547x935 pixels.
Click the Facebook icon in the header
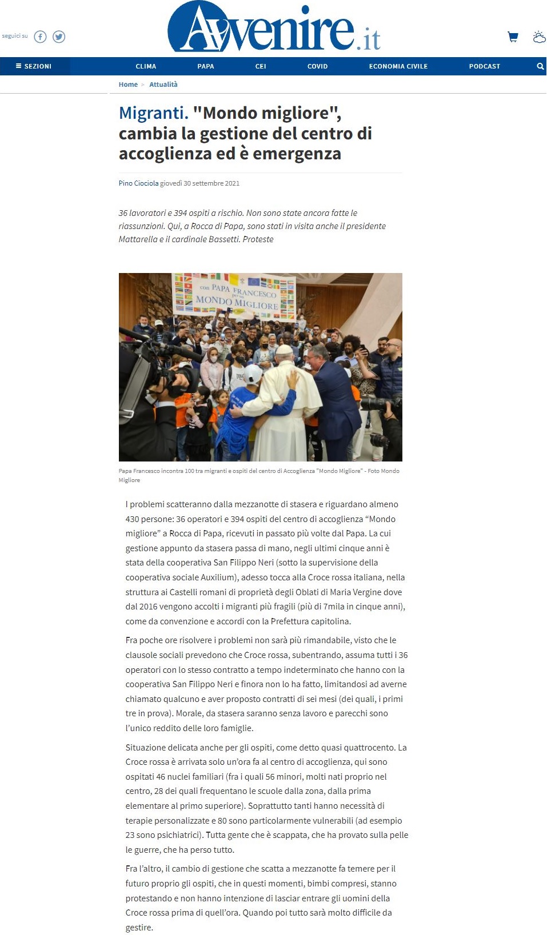coord(40,37)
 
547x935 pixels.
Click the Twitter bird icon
coord(59,37)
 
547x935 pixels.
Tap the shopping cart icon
coord(513,37)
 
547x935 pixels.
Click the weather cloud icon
coord(539,37)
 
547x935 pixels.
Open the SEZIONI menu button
coord(34,66)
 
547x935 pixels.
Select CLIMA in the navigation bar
coord(146,66)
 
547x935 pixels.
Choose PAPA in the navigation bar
coord(206,66)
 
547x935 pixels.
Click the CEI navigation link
coord(261,66)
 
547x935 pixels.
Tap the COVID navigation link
coord(317,66)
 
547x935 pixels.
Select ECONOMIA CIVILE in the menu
coord(398,66)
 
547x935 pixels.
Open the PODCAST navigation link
coord(485,66)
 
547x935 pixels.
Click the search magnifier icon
coord(540,66)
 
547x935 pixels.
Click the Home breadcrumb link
coord(128,85)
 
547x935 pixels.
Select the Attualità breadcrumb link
coord(163,85)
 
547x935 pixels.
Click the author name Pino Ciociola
coord(138,183)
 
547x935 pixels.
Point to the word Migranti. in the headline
coord(153,113)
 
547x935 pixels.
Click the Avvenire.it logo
coord(274,29)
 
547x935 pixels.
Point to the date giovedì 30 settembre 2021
coord(200,183)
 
